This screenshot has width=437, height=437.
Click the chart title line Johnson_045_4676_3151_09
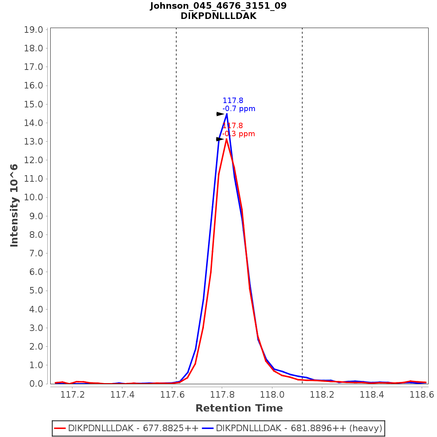tap(218, 6)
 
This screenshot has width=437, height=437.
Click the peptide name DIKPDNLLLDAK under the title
tap(218, 16)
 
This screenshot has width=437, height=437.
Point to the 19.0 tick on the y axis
tap(34, 30)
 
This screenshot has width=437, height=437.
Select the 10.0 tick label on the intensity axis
tap(34, 197)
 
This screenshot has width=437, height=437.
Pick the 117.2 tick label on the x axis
tap(72, 394)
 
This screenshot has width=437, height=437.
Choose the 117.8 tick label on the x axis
tap(222, 394)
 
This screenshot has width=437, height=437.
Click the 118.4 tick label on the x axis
tap(371, 394)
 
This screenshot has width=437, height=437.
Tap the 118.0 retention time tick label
tap(272, 394)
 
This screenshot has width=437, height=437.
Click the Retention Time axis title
tap(239, 408)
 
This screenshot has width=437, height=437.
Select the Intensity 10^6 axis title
tap(14, 205)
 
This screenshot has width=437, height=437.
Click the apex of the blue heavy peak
tap(227, 114)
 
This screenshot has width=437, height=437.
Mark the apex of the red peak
tap(227, 139)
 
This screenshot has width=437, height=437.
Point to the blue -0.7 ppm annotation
tap(239, 109)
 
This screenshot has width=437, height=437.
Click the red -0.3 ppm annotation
tap(239, 134)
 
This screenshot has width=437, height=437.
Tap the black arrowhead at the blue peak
tap(220, 114)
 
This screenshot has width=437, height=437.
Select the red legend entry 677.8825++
tap(126, 428)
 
